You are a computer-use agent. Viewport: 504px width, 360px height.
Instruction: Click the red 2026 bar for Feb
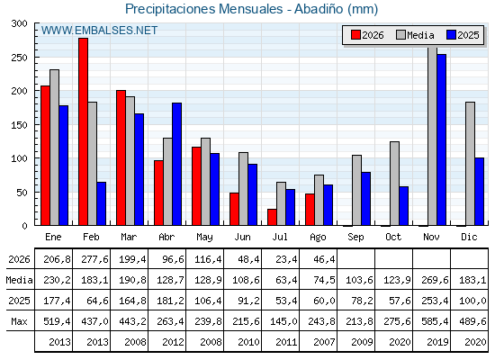coord(83,131)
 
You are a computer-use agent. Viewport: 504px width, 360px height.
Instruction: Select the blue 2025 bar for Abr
coord(176,164)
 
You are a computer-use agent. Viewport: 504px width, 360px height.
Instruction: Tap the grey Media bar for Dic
coord(470,164)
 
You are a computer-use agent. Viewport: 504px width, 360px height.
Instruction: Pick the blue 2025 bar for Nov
coord(441,139)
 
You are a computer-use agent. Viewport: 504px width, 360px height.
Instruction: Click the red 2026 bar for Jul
coord(272,217)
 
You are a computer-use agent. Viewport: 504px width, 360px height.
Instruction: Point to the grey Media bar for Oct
coord(394,184)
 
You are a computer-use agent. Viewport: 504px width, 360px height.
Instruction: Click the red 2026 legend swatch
coord(355,35)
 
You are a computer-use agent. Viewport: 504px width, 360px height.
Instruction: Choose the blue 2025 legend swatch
coord(451,35)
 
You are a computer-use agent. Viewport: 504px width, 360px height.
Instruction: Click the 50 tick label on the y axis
coord(22,193)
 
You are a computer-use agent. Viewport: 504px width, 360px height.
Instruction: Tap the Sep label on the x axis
coord(355,238)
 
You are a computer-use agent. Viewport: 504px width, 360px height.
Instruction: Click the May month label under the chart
coord(205,238)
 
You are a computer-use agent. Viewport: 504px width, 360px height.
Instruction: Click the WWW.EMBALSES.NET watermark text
coord(99,31)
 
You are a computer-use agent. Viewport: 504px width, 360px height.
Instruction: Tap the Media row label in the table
coord(19,280)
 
